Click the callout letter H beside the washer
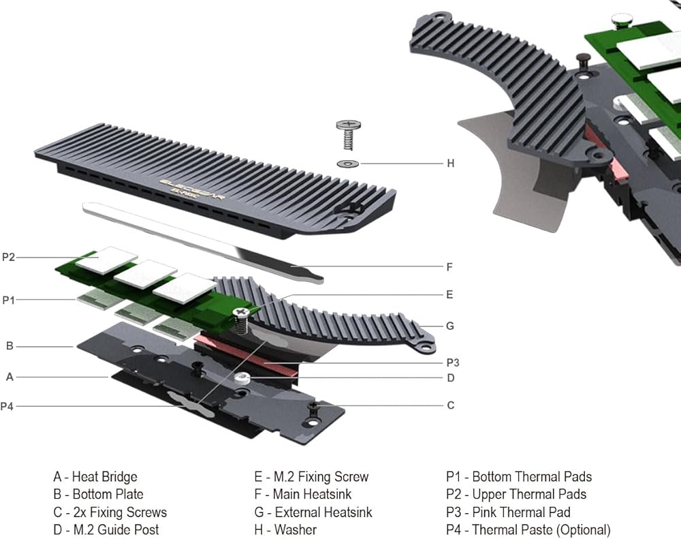[x=450, y=164]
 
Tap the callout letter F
[x=449, y=267]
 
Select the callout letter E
[x=449, y=295]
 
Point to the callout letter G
[x=449, y=326]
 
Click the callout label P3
[x=453, y=363]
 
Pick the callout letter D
[x=450, y=378]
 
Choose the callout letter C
[x=450, y=405]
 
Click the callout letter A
[x=10, y=376]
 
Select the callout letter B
[x=10, y=346]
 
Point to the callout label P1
[x=8, y=300]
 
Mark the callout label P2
[x=8, y=257]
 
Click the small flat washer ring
[x=347, y=163]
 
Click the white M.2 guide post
[x=242, y=377]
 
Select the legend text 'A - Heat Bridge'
[x=95, y=477]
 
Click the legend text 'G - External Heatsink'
[x=313, y=512]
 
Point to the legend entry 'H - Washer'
[x=285, y=530]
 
